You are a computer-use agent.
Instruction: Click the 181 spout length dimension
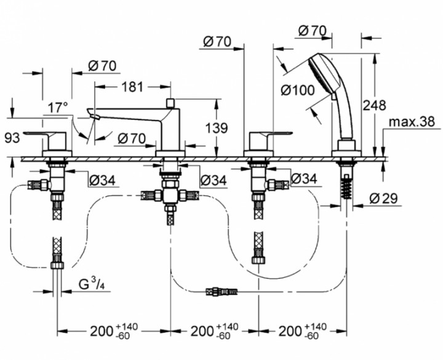coord(132,87)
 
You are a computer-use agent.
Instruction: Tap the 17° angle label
coord(58,108)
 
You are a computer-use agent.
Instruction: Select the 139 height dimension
coord(217,128)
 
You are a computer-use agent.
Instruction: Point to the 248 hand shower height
coord(374,106)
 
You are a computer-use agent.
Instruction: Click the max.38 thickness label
coord(412,122)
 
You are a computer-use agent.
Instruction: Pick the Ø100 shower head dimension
coord(298,90)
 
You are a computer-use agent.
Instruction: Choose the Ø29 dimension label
coord(383,198)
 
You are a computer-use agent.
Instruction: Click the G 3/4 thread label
coord(91,284)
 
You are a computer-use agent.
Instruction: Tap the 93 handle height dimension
coord(12,138)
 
